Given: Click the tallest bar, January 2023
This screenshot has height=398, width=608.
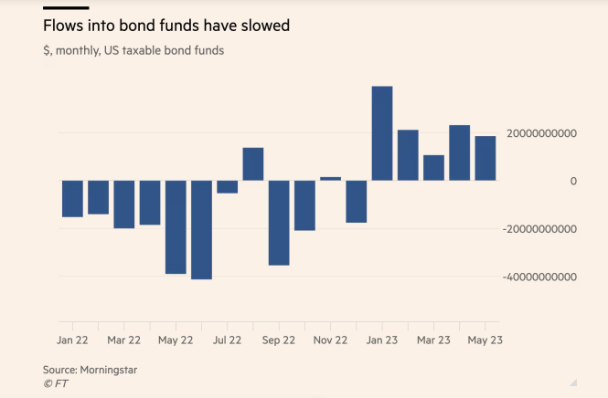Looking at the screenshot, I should (382, 133).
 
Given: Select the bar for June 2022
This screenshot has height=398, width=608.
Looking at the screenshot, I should (201, 229).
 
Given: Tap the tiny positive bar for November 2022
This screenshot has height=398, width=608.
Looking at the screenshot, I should (330, 179).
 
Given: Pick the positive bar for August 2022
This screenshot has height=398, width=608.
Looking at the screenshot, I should (253, 164).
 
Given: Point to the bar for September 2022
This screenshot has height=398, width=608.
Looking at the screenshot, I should (279, 223).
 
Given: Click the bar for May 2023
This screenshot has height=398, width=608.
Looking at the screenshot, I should (485, 158).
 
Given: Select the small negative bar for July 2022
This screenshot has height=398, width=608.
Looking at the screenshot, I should (227, 187).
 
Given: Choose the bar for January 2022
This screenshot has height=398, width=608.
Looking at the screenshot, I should (72, 199).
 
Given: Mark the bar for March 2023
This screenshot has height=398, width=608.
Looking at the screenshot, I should (433, 168).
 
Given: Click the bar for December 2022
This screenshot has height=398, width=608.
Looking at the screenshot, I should (357, 202).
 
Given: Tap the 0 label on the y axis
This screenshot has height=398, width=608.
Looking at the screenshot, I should (572, 181).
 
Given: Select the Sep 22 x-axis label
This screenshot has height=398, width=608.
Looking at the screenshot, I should (279, 340).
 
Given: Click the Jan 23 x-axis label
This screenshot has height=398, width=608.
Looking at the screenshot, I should (382, 340).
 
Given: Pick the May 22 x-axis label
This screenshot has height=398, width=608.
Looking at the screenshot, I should (175, 340).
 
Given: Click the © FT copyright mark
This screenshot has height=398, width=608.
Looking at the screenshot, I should (56, 383).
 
